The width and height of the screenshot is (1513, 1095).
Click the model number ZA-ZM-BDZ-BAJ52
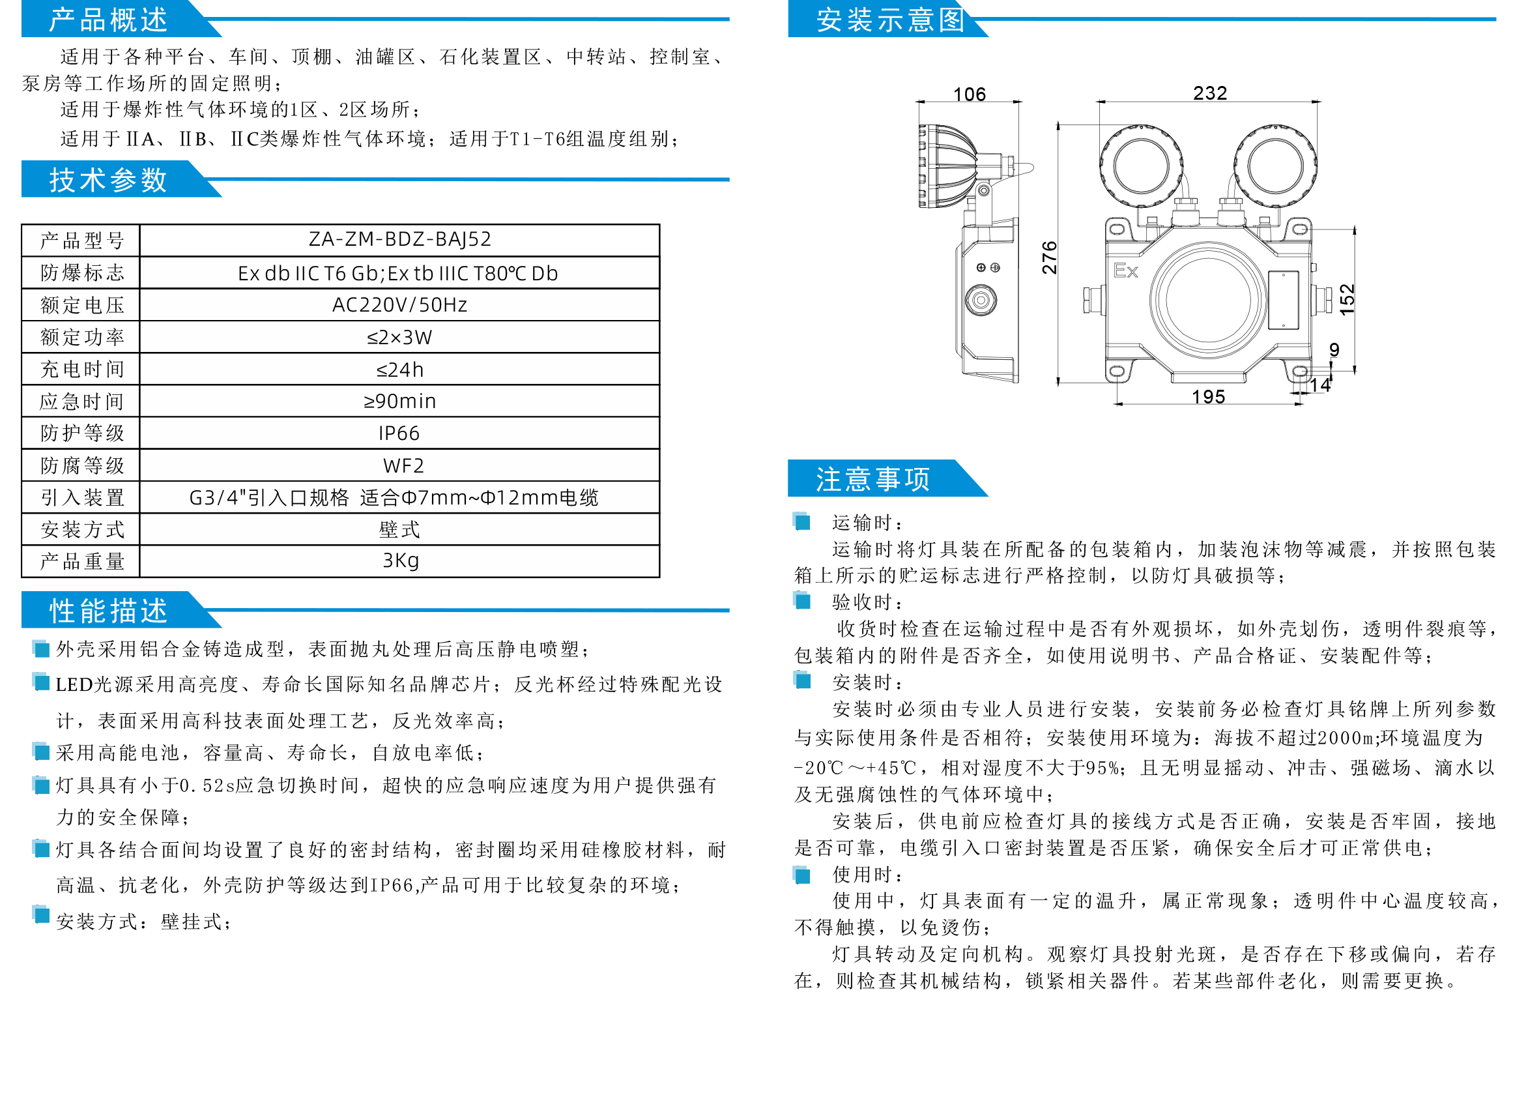tap(399, 239)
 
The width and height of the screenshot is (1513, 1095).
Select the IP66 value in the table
tap(399, 433)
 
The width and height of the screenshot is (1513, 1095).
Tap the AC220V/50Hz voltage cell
tap(399, 305)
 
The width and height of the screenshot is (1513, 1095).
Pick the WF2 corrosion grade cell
tap(403, 466)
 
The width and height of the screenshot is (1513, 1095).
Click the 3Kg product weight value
tap(400, 561)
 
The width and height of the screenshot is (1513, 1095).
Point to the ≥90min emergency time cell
tap(399, 401)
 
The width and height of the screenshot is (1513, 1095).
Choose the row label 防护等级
tap(82, 433)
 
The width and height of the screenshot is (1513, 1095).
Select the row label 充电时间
tap(82, 369)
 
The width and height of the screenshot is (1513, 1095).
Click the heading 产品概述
tap(108, 20)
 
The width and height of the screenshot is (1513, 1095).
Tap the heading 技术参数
tap(108, 179)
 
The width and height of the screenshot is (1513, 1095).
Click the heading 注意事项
tap(872, 479)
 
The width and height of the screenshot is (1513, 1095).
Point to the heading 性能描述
tap(108, 611)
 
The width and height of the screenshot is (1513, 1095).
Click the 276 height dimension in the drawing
tap(1049, 257)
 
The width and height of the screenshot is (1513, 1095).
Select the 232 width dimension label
tap(1209, 93)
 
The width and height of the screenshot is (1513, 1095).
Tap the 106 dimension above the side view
tap(970, 94)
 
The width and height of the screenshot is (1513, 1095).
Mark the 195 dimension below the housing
tap(1208, 397)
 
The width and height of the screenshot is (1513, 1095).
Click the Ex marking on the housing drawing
tap(1125, 270)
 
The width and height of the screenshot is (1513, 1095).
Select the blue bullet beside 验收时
tap(802, 601)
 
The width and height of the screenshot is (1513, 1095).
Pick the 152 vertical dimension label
tap(1347, 300)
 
